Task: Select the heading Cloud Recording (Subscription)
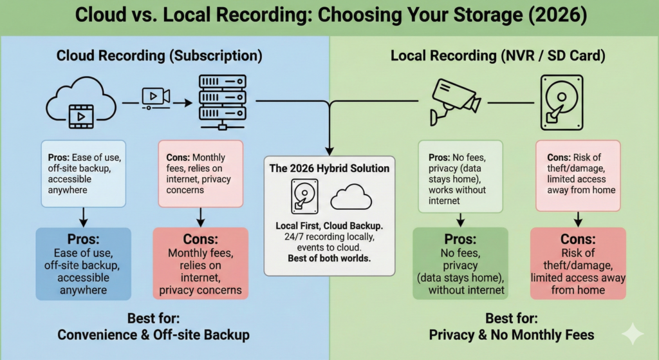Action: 159,56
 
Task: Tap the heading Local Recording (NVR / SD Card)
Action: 497,56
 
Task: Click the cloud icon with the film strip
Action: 81,104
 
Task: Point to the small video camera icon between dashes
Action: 155,97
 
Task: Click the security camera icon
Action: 455,100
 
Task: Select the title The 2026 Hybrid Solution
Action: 329,168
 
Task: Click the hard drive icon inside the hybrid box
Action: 304,196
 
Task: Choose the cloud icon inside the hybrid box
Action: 351,196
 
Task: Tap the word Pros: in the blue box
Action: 83,240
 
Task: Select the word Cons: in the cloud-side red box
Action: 200,240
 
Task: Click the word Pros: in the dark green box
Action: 459,240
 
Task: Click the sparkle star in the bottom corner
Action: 633,334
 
